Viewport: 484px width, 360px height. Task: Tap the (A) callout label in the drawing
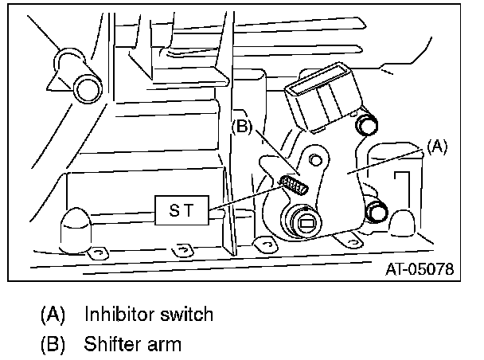pyautogui.click(x=438, y=147)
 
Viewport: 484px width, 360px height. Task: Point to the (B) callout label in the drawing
pyautogui.click(x=242, y=126)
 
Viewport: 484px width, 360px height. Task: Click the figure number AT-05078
pyautogui.click(x=418, y=269)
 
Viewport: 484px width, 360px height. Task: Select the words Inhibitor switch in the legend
pyautogui.click(x=150, y=314)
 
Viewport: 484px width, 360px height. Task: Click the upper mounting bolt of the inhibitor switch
pyautogui.click(x=367, y=124)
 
